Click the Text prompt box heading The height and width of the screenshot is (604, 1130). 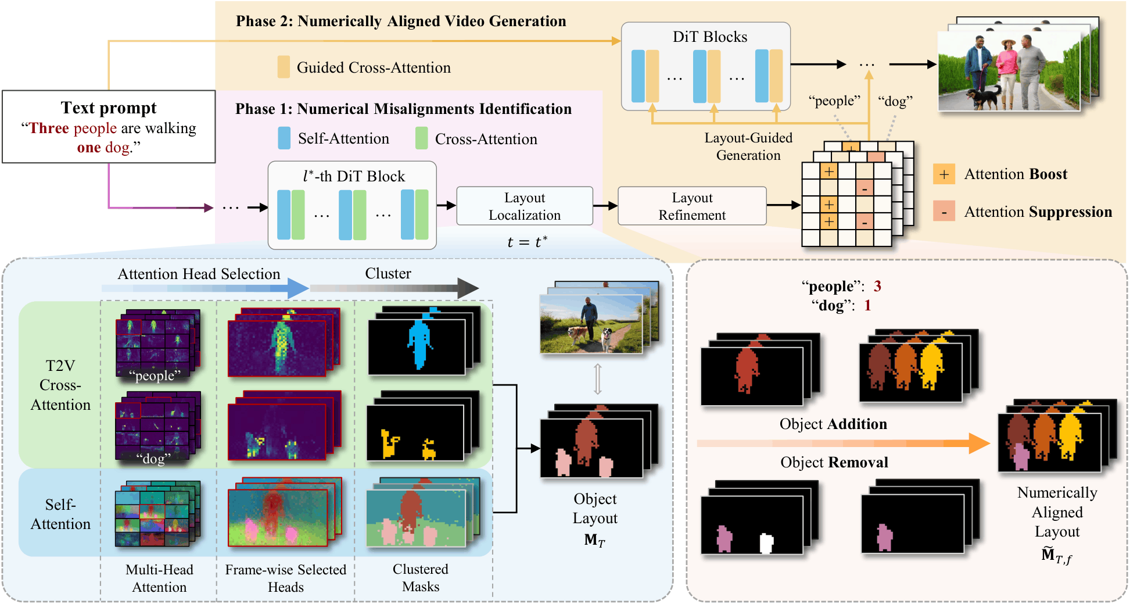click(x=109, y=108)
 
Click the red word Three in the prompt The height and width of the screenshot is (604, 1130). click(x=49, y=128)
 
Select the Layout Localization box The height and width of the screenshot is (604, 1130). click(x=524, y=206)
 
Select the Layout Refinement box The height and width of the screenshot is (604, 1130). click(x=691, y=206)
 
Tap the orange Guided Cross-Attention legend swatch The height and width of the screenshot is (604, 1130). click(x=284, y=67)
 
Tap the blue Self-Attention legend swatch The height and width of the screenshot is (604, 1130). click(x=284, y=139)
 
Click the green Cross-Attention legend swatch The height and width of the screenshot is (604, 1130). click(x=422, y=139)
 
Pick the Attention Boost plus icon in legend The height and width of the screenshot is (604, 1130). click(x=944, y=174)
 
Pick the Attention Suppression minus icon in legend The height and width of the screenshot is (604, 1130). click(x=944, y=212)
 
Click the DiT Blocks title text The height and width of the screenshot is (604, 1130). click(x=709, y=37)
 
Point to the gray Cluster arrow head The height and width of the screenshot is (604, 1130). click(x=468, y=288)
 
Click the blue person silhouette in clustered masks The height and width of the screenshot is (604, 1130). click(x=419, y=344)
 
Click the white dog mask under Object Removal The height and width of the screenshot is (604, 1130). click(x=767, y=543)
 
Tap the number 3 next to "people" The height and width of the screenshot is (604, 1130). click(x=877, y=286)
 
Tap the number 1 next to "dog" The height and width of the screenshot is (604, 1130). click(x=867, y=306)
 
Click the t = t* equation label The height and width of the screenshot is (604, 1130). click(x=527, y=242)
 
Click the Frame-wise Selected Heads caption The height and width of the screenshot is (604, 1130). click(x=285, y=578)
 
